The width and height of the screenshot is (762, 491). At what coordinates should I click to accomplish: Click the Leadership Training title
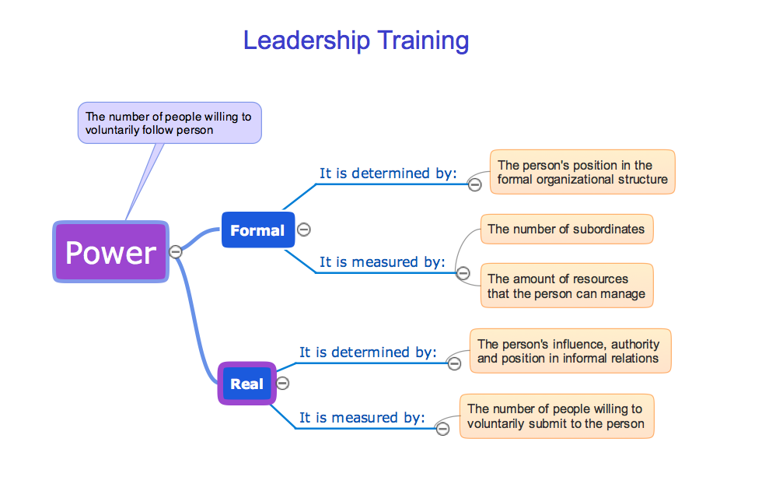click(x=356, y=40)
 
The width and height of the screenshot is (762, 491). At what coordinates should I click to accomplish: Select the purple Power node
click(x=110, y=252)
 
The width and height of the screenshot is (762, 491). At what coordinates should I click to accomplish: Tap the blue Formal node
click(x=257, y=230)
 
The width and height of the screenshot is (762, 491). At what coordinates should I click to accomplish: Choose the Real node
click(x=246, y=384)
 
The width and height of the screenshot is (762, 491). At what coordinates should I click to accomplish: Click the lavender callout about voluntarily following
click(x=170, y=123)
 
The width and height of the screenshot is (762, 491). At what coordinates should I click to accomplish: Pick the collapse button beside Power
click(x=176, y=251)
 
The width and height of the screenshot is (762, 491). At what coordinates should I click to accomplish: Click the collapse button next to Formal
click(x=304, y=230)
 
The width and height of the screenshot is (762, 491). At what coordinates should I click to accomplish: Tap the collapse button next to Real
click(x=283, y=383)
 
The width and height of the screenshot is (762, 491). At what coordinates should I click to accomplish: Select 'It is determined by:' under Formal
click(x=388, y=173)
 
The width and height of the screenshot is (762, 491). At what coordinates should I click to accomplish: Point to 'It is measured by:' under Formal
click(x=382, y=261)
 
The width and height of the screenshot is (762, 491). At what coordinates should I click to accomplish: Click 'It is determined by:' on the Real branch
click(x=368, y=352)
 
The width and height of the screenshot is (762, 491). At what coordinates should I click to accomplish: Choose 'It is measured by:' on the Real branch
click(x=362, y=417)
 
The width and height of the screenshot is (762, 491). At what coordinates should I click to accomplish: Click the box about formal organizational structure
click(x=582, y=172)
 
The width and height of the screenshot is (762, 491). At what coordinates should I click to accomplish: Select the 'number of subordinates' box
click(x=566, y=229)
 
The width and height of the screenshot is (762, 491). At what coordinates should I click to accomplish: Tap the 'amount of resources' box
click(x=566, y=286)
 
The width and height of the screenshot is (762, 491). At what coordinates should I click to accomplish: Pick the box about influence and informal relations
click(x=569, y=351)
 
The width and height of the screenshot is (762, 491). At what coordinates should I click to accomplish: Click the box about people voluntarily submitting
click(x=556, y=416)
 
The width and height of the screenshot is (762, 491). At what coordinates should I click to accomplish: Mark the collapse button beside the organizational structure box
click(x=474, y=184)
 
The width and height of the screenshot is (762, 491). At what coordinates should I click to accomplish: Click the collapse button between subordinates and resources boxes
click(x=463, y=273)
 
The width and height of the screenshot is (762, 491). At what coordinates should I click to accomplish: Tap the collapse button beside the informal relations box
click(x=454, y=363)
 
